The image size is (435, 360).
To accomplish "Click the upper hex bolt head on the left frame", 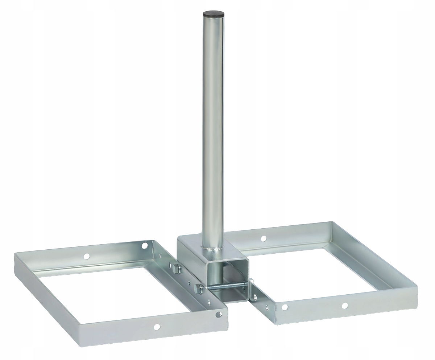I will pyautogui.click(x=176, y=269).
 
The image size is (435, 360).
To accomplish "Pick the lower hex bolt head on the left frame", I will pyautogui.click(x=198, y=289).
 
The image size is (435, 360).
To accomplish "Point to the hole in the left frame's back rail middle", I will pyautogui.click(x=86, y=256).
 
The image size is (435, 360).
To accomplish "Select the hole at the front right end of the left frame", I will pyautogui.click(x=219, y=315).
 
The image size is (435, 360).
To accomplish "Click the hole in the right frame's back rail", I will pyautogui.click(x=264, y=238).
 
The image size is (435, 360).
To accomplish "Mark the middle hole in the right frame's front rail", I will pyautogui.click(x=344, y=306).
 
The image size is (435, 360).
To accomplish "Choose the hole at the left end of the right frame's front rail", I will pyautogui.click(x=285, y=307).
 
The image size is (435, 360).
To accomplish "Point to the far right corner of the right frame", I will pyautogui.click(x=416, y=287).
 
